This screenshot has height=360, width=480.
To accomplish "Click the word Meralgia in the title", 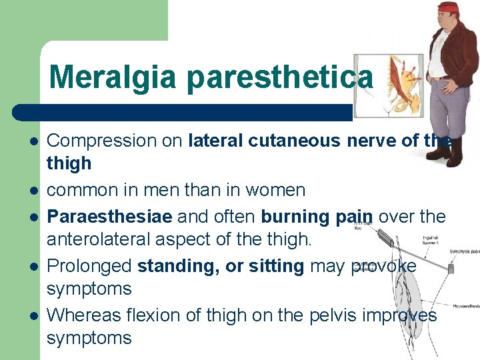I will (114, 77).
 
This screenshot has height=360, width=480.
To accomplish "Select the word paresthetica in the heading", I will (280, 77).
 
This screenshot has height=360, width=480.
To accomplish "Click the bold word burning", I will (292, 217).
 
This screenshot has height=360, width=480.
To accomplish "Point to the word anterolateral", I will (105, 239).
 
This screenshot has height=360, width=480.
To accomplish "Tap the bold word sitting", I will (275, 266).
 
